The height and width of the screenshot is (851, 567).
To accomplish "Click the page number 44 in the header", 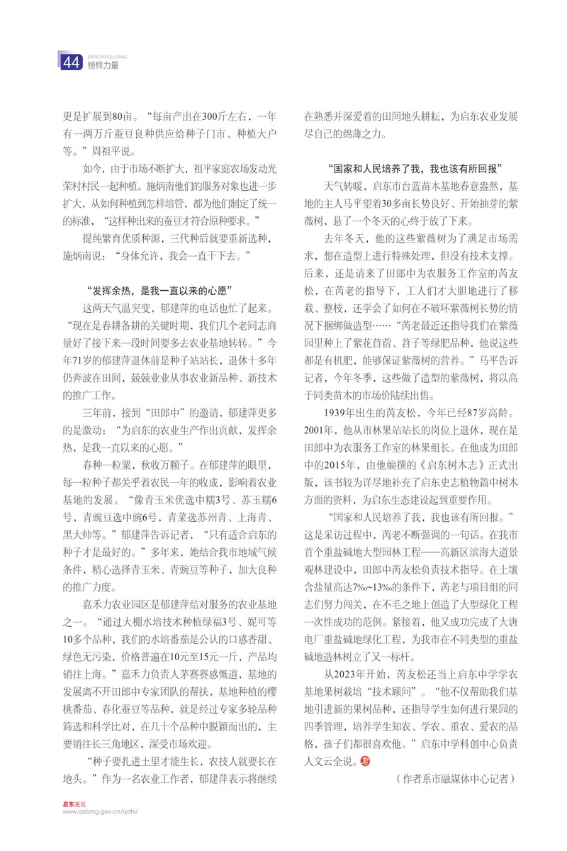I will pos(70,63).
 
